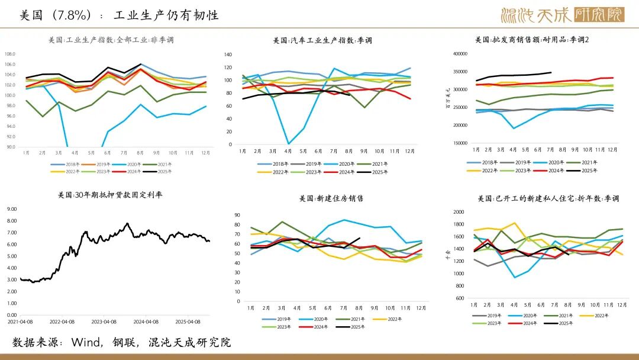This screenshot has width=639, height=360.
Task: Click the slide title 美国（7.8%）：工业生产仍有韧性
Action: click(x=119, y=15)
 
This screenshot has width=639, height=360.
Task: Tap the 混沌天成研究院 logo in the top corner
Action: click(x=562, y=15)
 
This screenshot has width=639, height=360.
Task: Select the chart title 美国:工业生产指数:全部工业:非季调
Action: click(x=111, y=40)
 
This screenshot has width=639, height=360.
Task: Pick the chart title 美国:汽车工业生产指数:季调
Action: click(x=322, y=40)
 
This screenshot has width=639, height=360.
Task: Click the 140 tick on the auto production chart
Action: click(x=228, y=54)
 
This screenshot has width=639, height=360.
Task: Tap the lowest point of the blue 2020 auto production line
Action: click(x=288, y=143)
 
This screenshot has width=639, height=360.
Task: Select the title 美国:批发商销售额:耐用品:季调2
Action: click(x=532, y=40)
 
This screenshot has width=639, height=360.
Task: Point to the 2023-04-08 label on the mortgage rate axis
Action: click(x=104, y=322)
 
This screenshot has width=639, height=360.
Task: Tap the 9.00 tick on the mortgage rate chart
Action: click(x=11, y=208)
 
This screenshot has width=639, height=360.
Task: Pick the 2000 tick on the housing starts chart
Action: click(x=459, y=212)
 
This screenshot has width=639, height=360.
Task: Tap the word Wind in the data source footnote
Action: click(x=85, y=342)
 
